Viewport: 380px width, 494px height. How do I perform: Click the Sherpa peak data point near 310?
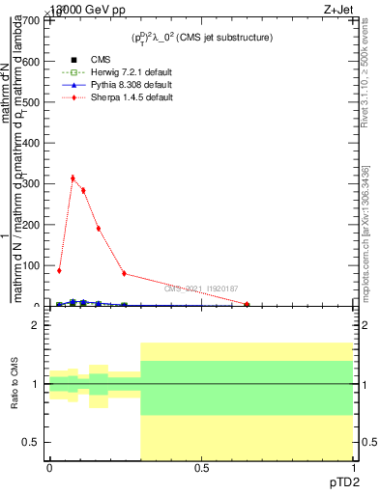[73, 178]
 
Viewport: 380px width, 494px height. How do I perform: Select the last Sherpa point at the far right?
[248, 304]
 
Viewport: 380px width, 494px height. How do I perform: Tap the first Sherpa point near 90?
[59, 270]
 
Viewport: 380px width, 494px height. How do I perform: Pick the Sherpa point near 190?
[99, 229]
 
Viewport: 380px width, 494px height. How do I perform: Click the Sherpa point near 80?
[124, 273]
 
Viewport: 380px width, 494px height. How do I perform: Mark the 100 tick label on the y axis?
[33, 265]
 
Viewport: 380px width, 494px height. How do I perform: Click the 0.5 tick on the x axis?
[200, 467]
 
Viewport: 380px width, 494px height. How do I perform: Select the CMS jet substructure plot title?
[202, 37]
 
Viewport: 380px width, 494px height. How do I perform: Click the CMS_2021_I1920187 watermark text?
[200, 288]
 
